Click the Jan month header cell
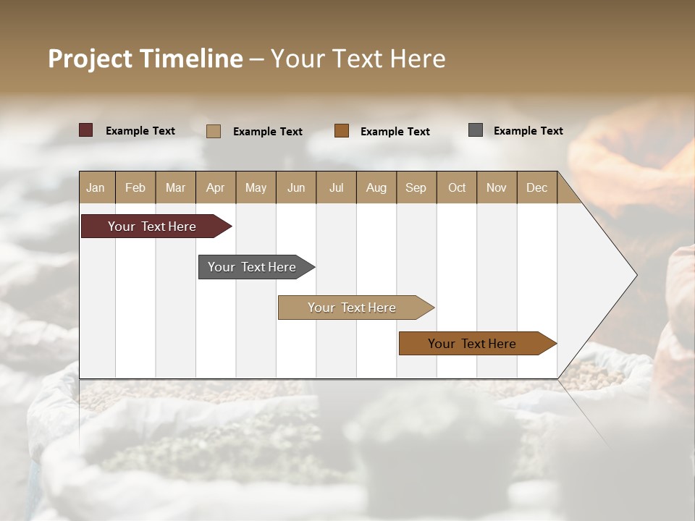pos(96,187)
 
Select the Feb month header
pos(135,187)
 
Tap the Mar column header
pos(175,187)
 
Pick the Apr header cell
pos(216,187)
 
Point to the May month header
pos(256,187)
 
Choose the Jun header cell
pos(296,187)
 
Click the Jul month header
pos(336,187)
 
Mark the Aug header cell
pos(376,187)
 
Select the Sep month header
pos(416,187)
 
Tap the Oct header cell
pos(457,187)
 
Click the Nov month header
pos(497,187)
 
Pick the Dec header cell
pos(537,187)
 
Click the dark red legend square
pos(86,130)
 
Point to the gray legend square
pos(476,130)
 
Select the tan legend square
pos(214,131)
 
